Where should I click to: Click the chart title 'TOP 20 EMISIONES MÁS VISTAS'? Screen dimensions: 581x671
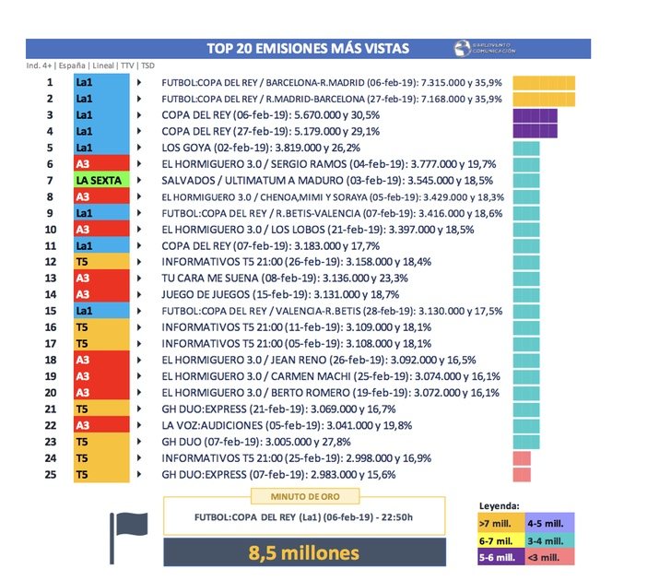pos(309,48)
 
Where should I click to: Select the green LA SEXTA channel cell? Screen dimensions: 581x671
pos(100,180)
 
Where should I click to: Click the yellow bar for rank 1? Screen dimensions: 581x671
pos(544,82)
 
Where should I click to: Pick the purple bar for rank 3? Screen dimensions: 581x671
pos(532,115)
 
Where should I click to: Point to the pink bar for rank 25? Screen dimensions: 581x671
pos(521,474)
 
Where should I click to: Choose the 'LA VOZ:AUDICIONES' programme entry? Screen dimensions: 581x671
pos(209,425)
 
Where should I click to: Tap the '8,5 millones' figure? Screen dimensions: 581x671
pos(304,553)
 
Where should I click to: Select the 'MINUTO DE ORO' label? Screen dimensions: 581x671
pos(303,498)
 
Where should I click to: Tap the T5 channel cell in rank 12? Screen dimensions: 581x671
pos(100,262)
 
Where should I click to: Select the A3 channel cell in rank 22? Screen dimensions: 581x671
pos(100,425)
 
